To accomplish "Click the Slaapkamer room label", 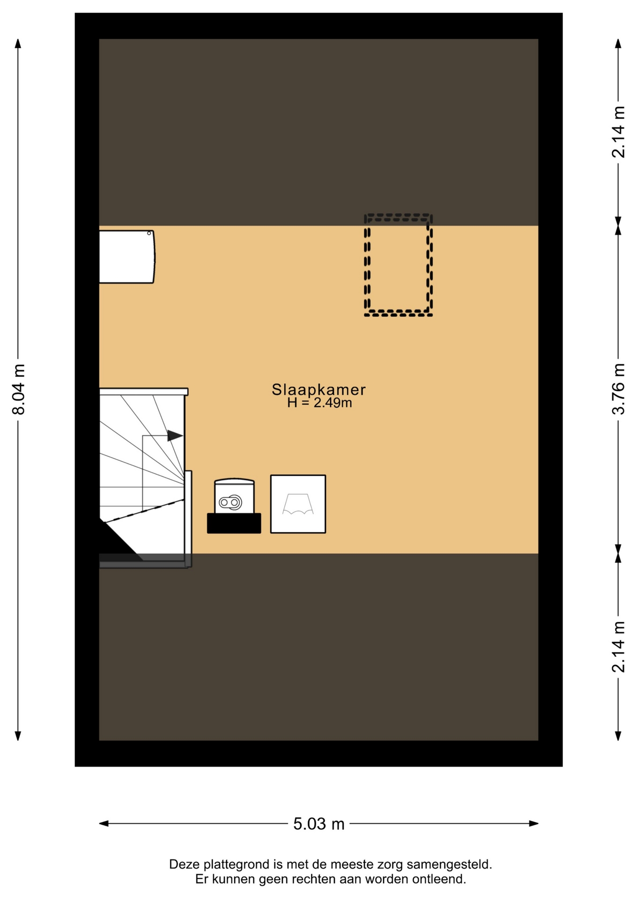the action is coord(318,390).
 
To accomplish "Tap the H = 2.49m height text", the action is coord(319,403).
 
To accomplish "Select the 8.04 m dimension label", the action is coord(18,389).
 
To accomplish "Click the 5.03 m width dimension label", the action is coord(318,824).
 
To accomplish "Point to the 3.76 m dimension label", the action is coord(618,389).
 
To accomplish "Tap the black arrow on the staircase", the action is coord(175,435).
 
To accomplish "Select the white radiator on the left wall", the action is coord(127,257).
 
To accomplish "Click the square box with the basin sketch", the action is coord(298,504).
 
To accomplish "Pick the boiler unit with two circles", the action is coord(234,496).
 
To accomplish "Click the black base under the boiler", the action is coord(234,523).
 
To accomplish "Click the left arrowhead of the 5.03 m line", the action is coord(104,824).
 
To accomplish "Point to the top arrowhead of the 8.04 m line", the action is coord(18,43).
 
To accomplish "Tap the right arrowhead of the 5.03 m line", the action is coord(534,824).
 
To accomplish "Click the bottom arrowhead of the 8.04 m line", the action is coord(18,736).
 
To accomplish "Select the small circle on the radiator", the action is coord(149,233).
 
